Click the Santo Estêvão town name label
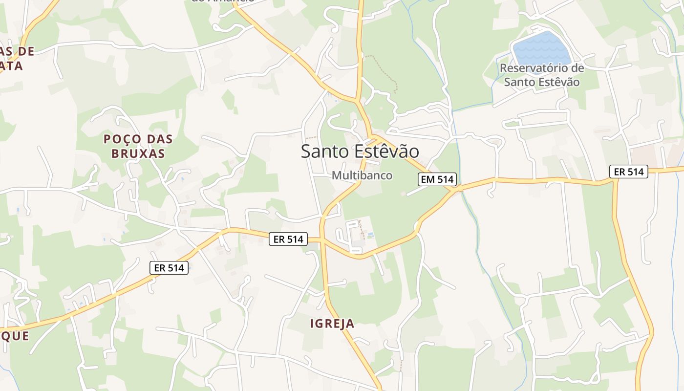(x=360, y=151)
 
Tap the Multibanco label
(x=362, y=175)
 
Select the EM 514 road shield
(x=437, y=179)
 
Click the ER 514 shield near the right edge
(x=628, y=172)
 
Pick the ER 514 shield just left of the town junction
(x=288, y=239)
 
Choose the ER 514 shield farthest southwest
(x=169, y=268)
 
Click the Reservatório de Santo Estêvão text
(x=541, y=75)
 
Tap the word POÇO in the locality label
(x=120, y=139)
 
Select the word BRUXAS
(x=138, y=153)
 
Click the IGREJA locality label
(x=332, y=324)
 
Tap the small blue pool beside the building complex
(x=370, y=235)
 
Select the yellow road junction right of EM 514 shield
(x=460, y=187)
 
